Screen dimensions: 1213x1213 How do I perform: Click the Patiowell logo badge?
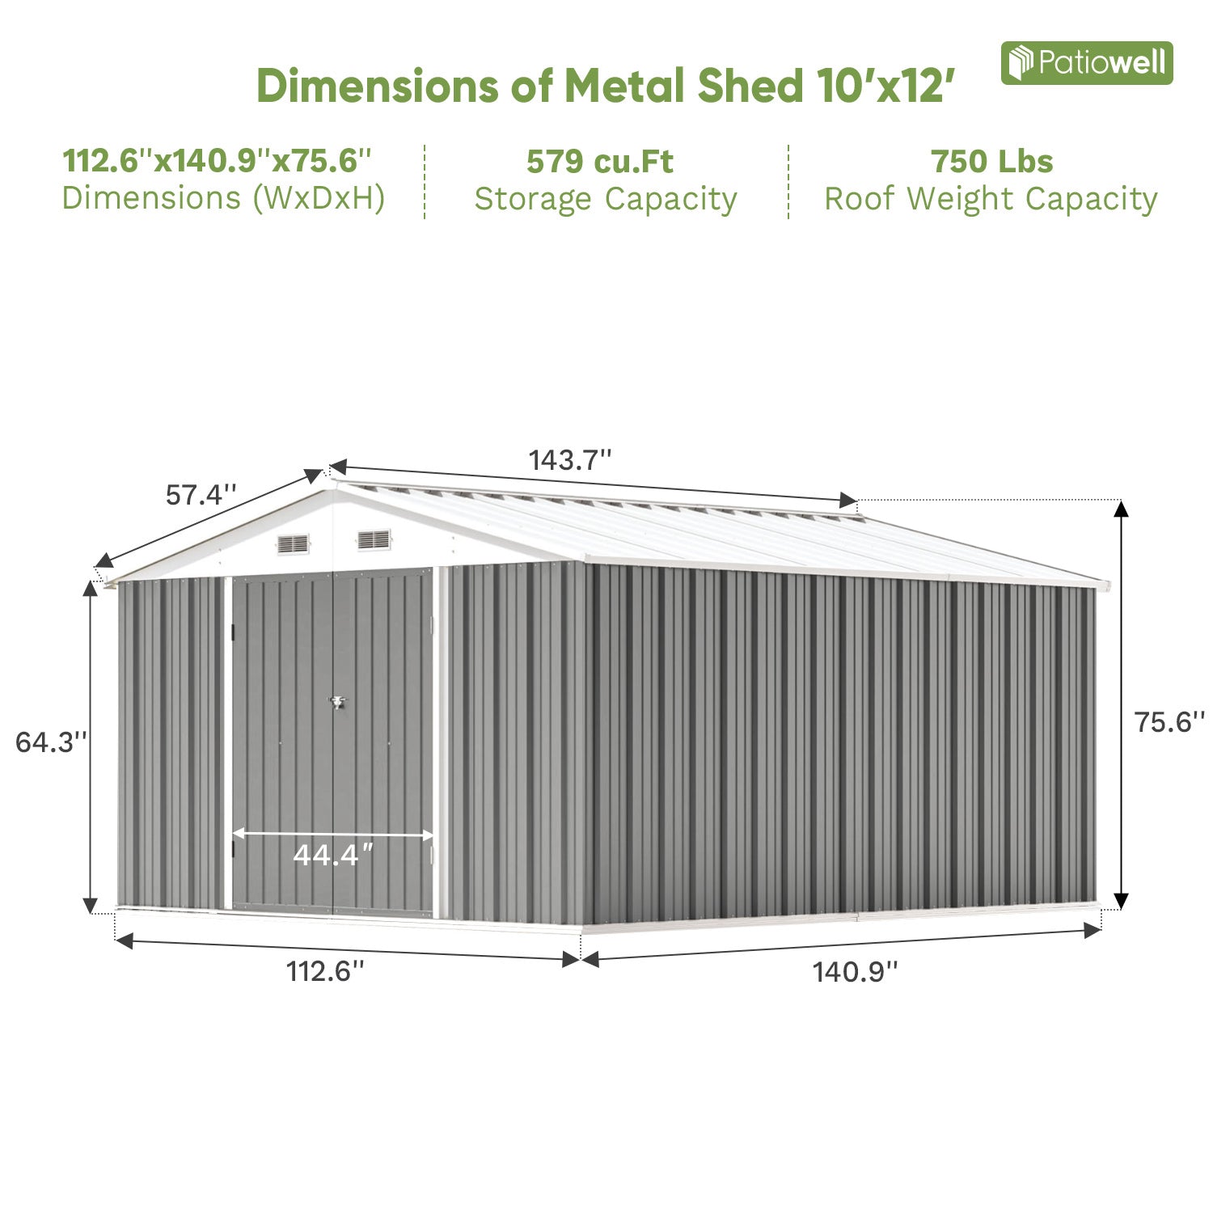(x=1086, y=63)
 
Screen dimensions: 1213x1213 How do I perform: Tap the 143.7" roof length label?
(x=569, y=460)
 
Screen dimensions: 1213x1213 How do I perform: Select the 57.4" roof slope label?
(x=201, y=494)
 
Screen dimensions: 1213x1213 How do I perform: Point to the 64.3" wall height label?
(x=51, y=742)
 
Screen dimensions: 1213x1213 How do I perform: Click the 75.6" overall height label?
(x=1169, y=721)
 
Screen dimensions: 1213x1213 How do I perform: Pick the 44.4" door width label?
(x=333, y=855)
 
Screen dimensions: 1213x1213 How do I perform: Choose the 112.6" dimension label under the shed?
(x=326, y=971)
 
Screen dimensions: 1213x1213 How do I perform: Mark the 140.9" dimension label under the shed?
(x=855, y=971)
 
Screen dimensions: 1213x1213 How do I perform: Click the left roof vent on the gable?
(x=294, y=544)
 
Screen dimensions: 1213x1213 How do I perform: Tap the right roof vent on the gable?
(x=374, y=539)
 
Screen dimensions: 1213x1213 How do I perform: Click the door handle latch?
(x=336, y=703)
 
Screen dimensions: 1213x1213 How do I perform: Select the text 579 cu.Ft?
(x=599, y=162)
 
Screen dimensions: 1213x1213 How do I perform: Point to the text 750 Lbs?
(x=991, y=162)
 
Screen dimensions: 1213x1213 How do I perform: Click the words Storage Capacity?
(x=606, y=199)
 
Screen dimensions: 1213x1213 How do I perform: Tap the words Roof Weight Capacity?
(x=991, y=199)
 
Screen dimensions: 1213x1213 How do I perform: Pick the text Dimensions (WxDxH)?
(x=223, y=198)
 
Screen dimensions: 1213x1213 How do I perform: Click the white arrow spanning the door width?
(x=333, y=834)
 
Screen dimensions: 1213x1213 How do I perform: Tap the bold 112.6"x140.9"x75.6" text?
(x=217, y=161)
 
